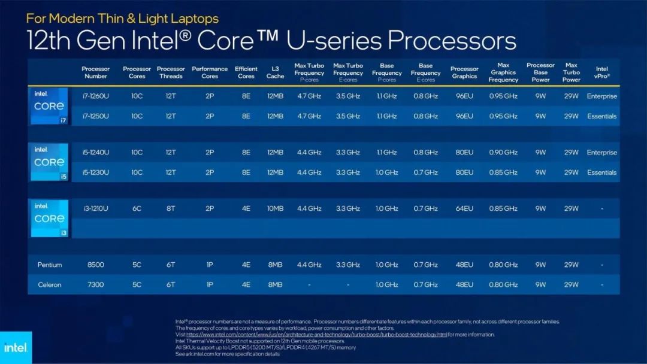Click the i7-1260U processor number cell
(x=95, y=96)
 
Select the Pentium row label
(x=50, y=265)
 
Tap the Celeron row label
(x=50, y=284)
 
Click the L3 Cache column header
(x=276, y=72)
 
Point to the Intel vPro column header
(x=601, y=72)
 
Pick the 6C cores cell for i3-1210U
(x=137, y=208)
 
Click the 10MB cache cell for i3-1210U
(x=276, y=208)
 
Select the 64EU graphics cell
(x=464, y=208)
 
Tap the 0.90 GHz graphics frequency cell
(x=503, y=153)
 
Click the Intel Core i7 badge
(x=49, y=106)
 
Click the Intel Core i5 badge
(x=49, y=162)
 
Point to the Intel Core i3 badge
(x=49, y=219)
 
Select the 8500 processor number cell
(x=96, y=265)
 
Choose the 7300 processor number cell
(x=96, y=284)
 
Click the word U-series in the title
(x=336, y=41)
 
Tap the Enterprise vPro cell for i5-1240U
(x=601, y=153)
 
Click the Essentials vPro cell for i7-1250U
(x=601, y=116)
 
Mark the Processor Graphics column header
(x=464, y=72)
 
